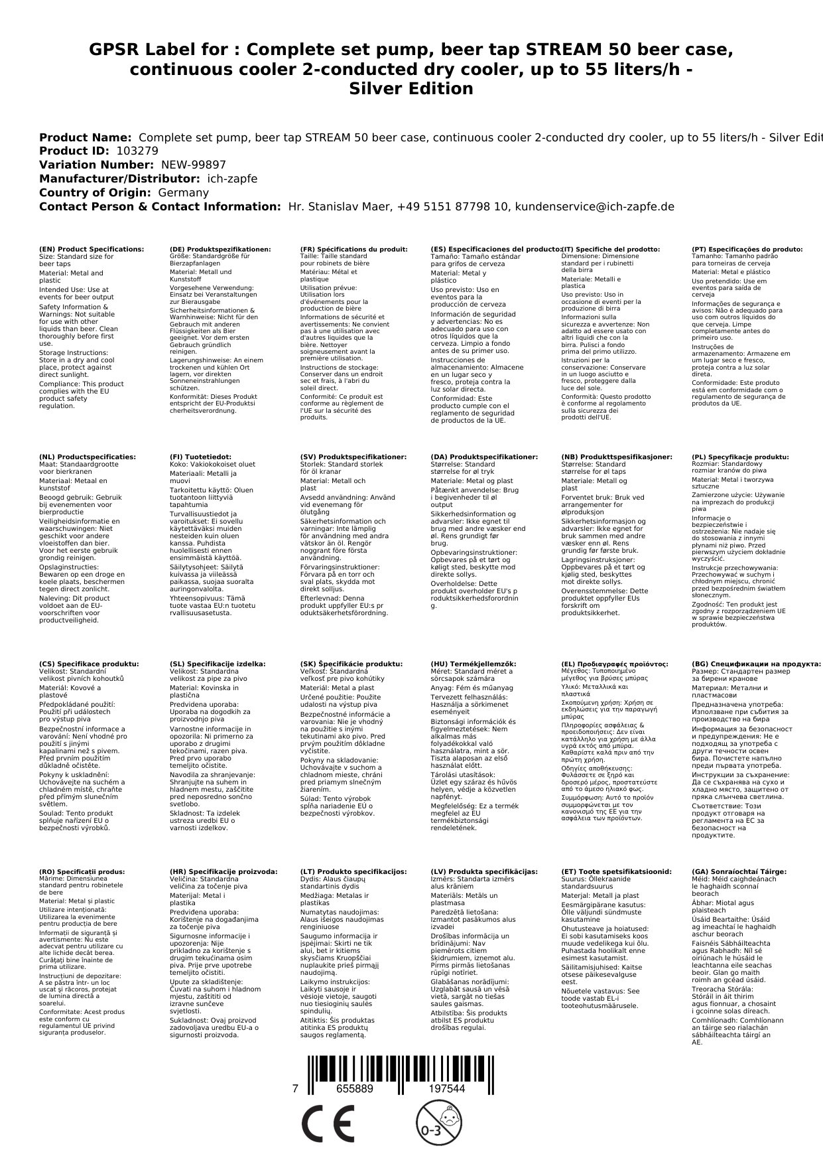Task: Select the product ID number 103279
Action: pos(137,151)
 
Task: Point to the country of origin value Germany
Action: pos(183,193)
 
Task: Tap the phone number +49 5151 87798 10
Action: pos(453,207)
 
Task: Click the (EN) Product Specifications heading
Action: pos(92,250)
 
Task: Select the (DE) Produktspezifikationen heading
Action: pos(220,250)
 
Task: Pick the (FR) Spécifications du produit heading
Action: pos(353,250)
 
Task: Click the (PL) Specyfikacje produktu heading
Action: pos(740,457)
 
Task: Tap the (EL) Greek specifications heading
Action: pos(614,664)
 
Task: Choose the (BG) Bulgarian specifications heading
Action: pos(756,664)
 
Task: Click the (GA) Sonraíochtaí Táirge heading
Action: pos(739,872)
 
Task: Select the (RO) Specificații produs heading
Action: pos(82,872)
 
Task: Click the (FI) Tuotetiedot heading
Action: pos(200,457)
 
